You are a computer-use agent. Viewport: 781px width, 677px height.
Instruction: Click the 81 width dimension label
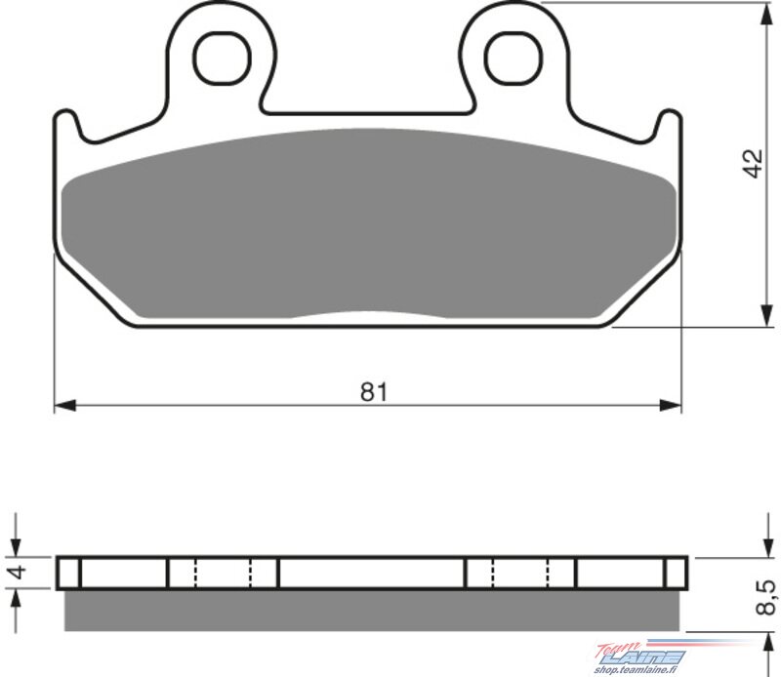click(x=374, y=392)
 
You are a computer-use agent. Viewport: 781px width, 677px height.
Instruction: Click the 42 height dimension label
click(x=753, y=163)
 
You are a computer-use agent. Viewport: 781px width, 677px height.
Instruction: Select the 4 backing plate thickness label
click(x=19, y=572)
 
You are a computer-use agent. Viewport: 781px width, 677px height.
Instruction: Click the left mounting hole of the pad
click(x=222, y=58)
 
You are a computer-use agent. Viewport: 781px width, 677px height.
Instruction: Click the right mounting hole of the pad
click(x=514, y=58)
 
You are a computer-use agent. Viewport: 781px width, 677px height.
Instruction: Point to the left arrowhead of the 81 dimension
click(x=64, y=405)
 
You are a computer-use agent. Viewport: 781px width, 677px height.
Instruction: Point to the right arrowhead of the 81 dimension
click(x=670, y=405)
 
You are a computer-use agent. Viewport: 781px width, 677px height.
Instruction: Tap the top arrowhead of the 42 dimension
click(x=767, y=14)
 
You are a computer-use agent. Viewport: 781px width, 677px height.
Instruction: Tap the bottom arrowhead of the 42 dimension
click(x=767, y=316)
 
